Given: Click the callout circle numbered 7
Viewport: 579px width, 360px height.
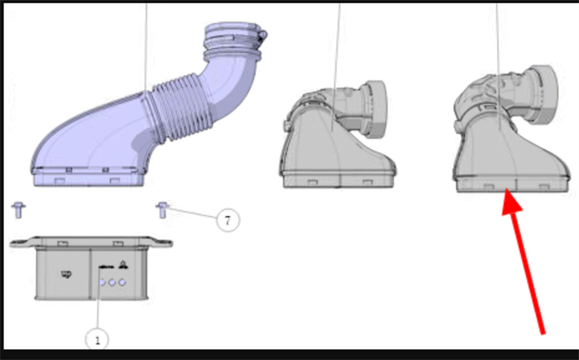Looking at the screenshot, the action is (x=227, y=220).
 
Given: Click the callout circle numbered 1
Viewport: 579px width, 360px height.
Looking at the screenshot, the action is (x=97, y=339).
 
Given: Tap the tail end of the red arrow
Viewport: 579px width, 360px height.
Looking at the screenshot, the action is (x=543, y=334).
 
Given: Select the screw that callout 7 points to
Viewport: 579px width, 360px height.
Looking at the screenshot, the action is (x=162, y=210).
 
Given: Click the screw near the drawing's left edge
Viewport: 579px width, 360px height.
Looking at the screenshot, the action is (x=18, y=210).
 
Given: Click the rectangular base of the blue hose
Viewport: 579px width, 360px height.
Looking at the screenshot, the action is (x=88, y=176).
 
